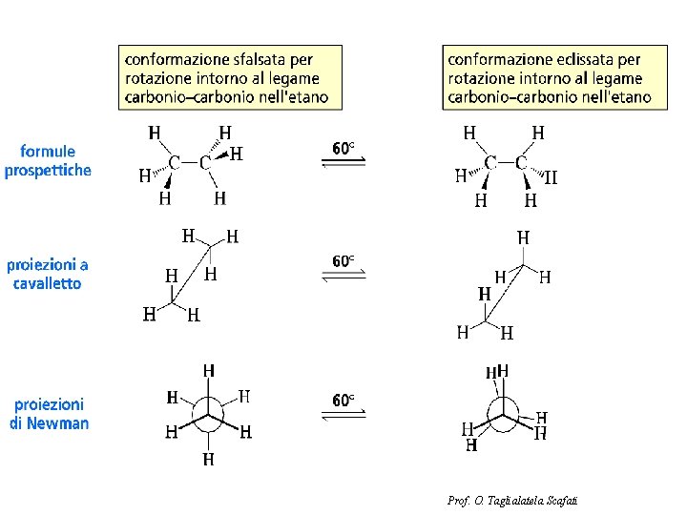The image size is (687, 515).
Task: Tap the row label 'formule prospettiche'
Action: pos(48,160)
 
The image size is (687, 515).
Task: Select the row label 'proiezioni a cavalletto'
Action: pos(48,274)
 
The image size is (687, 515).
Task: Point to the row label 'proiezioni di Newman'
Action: pos(49,414)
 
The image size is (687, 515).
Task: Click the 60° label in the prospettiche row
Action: pos(343,149)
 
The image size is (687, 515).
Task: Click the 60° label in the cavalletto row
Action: pos(343,260)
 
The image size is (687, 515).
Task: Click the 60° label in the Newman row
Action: pos(343,400)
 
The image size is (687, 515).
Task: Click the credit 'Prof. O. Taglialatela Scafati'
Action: pos(513,501)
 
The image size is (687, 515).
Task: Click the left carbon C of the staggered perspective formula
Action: pos(175,163)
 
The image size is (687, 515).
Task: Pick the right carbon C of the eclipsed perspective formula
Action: pos(521,163)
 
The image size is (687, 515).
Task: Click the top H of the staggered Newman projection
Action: pos(208,370)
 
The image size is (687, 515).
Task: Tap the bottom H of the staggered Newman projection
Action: pos(208,460)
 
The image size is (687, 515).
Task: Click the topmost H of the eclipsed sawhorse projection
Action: pos(523,237)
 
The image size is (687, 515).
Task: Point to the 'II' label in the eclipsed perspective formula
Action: pos(551,176)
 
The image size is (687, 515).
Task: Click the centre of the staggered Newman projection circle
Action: pos(208,416)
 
